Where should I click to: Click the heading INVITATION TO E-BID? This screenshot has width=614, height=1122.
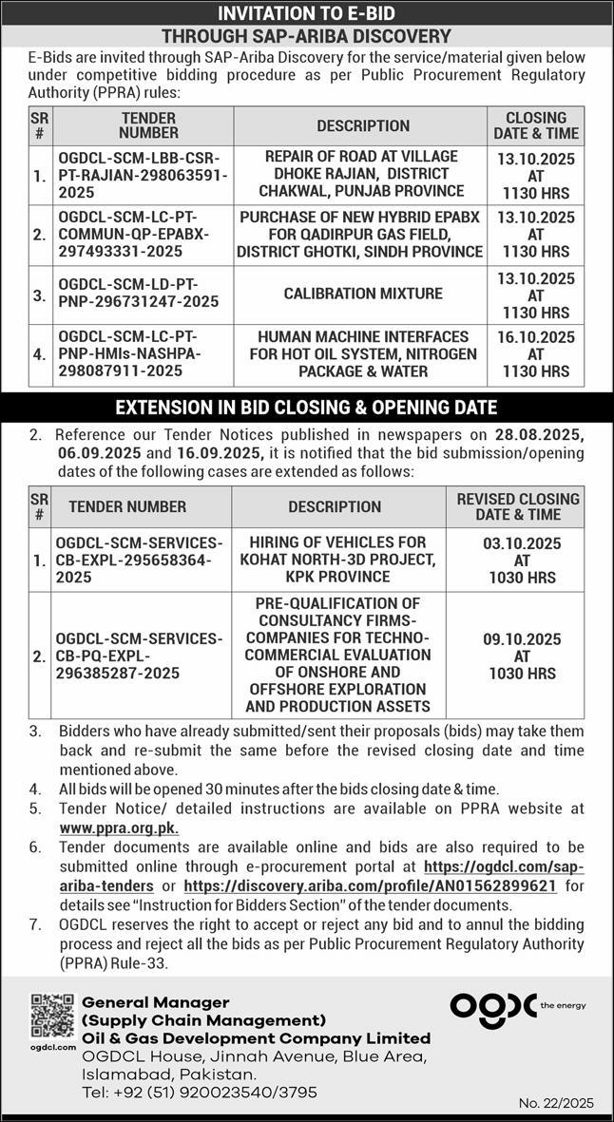(x=306, y=12)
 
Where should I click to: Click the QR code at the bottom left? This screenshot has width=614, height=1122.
(x=52, y=1016)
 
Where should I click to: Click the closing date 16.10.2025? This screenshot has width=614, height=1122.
(x=536, y=337)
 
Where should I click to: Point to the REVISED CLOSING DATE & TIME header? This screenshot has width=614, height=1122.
(x=517, y=506)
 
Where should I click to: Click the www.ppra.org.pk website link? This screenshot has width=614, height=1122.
(x=119, y=827)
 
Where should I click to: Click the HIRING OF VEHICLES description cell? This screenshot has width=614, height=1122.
(x=337, y=559)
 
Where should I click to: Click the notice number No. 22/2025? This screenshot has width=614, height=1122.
(x=556, y=1103)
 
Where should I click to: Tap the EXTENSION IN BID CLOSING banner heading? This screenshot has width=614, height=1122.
(x=306, y=408)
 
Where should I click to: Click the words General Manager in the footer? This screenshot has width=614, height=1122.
(x=156, y=1002)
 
